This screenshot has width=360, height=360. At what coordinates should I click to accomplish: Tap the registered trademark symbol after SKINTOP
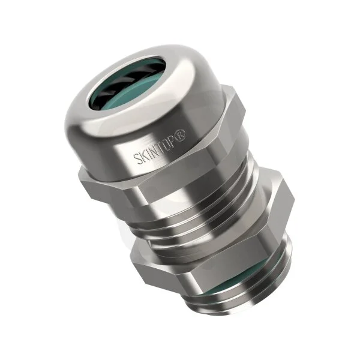pyautogui.click(x=182, y=134)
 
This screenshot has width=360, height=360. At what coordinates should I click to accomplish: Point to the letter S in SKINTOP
pyautogui.click(x=137, y=158)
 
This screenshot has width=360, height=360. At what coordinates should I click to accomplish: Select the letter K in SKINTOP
pyautogui.click(x=143, y=155)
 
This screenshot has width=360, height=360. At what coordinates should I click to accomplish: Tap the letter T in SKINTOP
pyautogui.click(x=163, y=146)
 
